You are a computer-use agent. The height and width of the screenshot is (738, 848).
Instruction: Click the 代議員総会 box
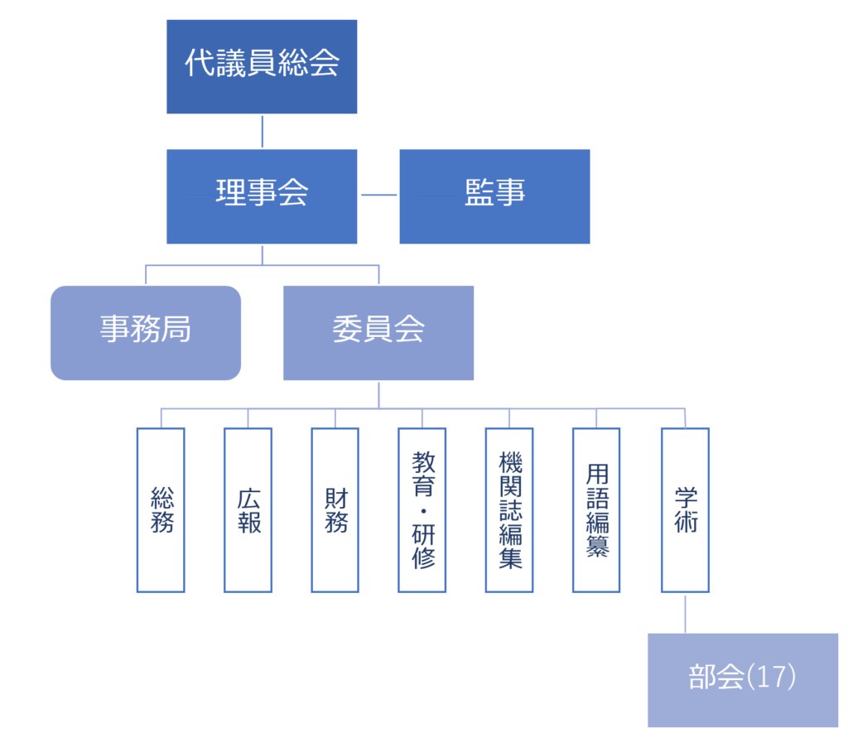click(262, 66)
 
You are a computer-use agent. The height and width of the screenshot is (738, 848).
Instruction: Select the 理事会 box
click(262, 196)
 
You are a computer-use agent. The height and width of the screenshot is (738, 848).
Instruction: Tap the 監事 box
click(494, 196)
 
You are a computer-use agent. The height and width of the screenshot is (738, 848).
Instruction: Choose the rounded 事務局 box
click(146, 333)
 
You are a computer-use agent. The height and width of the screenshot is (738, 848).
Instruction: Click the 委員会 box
click(378, 333)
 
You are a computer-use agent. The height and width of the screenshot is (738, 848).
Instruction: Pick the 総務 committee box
click(161, 509)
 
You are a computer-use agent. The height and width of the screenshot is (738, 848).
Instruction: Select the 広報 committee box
click(248, 509)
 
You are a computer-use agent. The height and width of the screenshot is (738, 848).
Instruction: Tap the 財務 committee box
click(335, 509)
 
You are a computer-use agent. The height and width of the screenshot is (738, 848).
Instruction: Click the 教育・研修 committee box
click(422, 509)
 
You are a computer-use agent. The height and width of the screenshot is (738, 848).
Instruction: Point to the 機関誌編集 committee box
click(509, 509)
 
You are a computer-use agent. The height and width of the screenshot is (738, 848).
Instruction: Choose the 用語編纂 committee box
click(596, 509)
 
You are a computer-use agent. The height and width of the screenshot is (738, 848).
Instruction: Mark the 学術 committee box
click(685, 509)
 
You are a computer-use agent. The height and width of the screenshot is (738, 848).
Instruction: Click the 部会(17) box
click(742, 679)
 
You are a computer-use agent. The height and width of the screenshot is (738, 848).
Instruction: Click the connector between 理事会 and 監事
click(378, 195)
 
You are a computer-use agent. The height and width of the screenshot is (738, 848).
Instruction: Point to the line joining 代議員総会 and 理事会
click(262, 131)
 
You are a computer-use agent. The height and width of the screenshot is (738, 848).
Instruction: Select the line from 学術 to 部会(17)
click(685, 613)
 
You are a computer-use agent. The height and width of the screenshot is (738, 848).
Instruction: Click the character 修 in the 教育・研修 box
click(422, 558)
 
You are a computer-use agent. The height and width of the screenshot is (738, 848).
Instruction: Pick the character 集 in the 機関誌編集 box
click(510, 558)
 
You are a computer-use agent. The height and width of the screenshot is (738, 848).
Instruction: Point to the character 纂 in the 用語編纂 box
click(597, 547)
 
